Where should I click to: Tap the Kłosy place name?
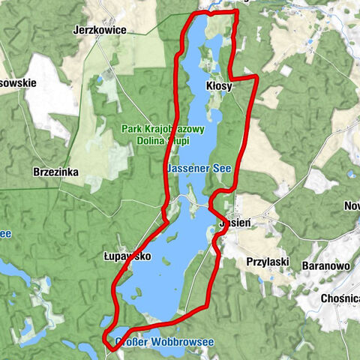click(219, 86)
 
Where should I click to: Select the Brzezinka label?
click(56, 172)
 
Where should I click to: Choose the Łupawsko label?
click(127, 256)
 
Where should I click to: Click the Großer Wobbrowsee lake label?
click(164, 342)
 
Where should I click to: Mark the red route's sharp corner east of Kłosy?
click(257, 76)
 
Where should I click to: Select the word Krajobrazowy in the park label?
click(175, 129)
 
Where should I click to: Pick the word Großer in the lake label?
click(131, 342)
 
